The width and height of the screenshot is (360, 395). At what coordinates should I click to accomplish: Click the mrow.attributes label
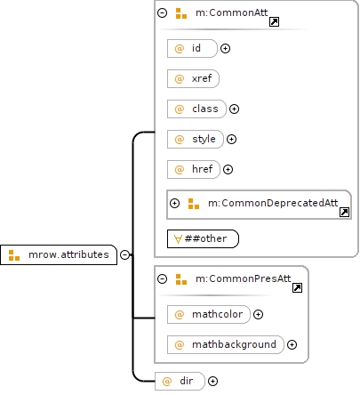coord(68,254)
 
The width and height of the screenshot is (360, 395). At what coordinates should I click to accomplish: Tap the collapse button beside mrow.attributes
coord(125,254)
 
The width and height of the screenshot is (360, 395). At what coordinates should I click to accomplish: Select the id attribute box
coord(192,48)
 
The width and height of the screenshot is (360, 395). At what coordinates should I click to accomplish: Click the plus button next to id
coord(226,48)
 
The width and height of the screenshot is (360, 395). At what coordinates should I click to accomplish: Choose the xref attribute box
coord(193,78)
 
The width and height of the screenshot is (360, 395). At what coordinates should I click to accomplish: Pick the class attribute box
coord(196,109)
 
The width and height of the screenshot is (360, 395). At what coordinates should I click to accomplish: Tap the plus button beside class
coord(235,109)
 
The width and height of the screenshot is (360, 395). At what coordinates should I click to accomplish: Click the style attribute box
coord(196,139)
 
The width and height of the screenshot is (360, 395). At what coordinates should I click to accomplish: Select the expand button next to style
coord(231,139)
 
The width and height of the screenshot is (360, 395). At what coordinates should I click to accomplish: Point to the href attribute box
coord(194,169)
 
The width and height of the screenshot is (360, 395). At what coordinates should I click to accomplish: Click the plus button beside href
coord(228,169)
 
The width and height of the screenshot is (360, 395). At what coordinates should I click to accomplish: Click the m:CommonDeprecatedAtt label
coord(273,203)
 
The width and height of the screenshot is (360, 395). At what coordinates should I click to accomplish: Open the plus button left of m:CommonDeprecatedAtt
coord(175,203)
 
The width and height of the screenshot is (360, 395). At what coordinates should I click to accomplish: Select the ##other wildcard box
coord(203,238)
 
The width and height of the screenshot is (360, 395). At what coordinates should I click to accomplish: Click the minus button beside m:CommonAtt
coord(163,12)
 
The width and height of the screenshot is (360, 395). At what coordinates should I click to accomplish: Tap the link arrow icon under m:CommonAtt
coord(274,21)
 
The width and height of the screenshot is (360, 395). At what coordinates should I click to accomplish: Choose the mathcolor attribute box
coord(209,314)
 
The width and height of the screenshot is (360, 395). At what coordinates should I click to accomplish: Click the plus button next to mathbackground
coord(292,344)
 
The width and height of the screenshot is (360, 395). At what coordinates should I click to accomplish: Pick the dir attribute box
coord(180,381)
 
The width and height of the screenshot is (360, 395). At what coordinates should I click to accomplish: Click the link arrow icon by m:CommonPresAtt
coord(297,287)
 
